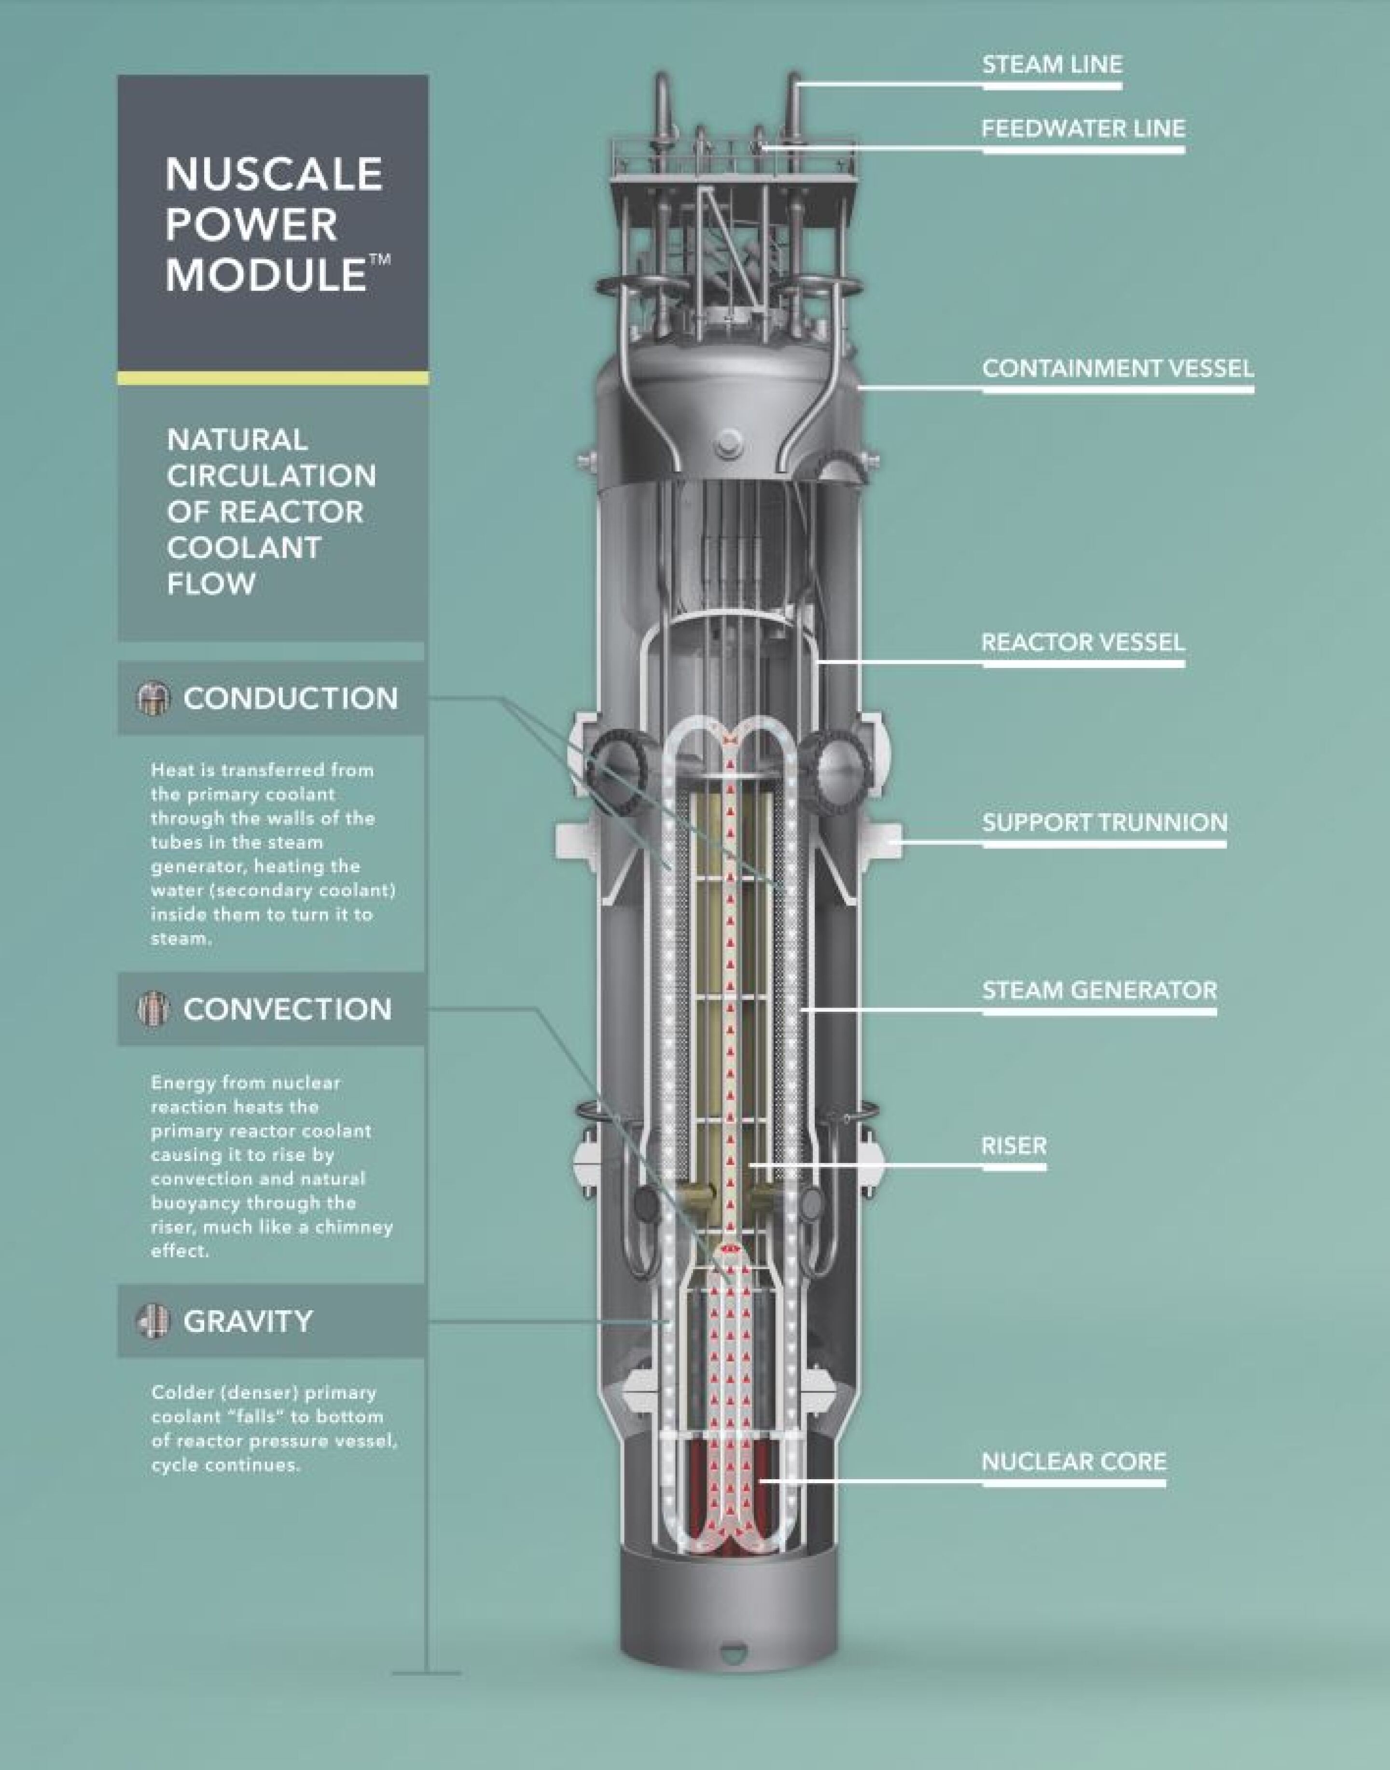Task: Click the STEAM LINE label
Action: pyautogui.click(x=1052, y=64)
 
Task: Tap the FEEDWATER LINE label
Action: pyautogui.click(x=1083, y=128)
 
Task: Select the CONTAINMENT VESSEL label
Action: pyautogui.click(x=1117, y=368)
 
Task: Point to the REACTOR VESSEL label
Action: pyautogui.click(x=1083, y=642)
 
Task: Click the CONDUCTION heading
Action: pyautogui.click(x=291, y=698)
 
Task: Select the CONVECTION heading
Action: pyautogui.click(x=287, y=1009)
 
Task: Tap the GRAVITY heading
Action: pyautogui.click(x=248, y=1320)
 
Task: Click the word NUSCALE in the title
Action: pyautogui.click(x=274, y=174)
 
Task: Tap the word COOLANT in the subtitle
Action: pyautogui.click(x=244, y=547)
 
